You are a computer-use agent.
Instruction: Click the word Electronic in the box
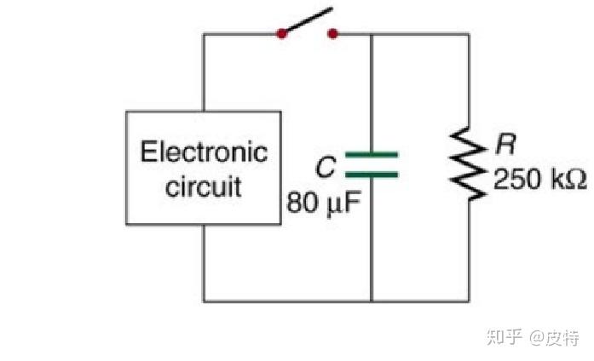(204, 153)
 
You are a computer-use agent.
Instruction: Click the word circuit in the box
(204, 186)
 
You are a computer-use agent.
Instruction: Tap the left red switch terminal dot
(281, 34)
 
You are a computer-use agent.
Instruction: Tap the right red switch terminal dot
(332, 34)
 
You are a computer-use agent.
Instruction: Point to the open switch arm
(307, 22)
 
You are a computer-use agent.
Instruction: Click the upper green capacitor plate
(372, 155)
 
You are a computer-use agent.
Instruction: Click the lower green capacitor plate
(372, 175)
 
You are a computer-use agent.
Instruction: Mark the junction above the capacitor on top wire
(372, 34)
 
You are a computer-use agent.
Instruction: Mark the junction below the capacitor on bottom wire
(372, 300)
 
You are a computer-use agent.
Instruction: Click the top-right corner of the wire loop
(468, 34)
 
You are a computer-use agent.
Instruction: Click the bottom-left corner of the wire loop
(204, 300)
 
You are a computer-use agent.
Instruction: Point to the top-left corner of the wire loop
(204, 34)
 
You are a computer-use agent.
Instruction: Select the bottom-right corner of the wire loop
(468, 300)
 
